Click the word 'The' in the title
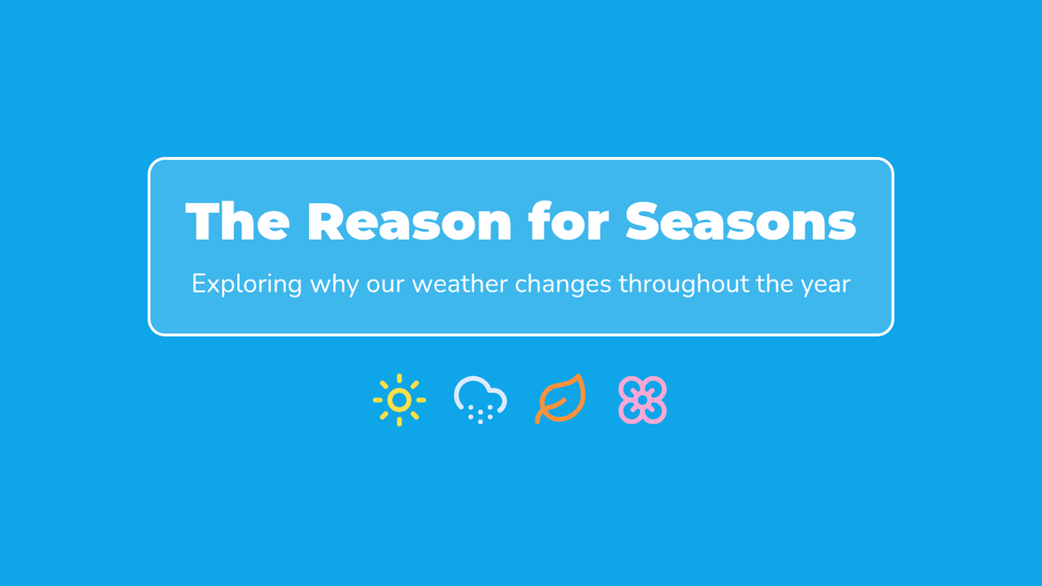coord(237,221)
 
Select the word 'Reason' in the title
coord(410,221)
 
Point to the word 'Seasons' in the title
coord(741,221)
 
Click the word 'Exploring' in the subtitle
coord(247,284)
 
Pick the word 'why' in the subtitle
coord(334,284)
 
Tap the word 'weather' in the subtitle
coord(460,284)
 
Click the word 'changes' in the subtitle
coord(563,285)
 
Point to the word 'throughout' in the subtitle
coord(683,284)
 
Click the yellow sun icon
coord(399,400)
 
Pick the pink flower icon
coord(643,400)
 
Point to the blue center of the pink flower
coord(643,400)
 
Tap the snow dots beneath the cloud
coord(480,414)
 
